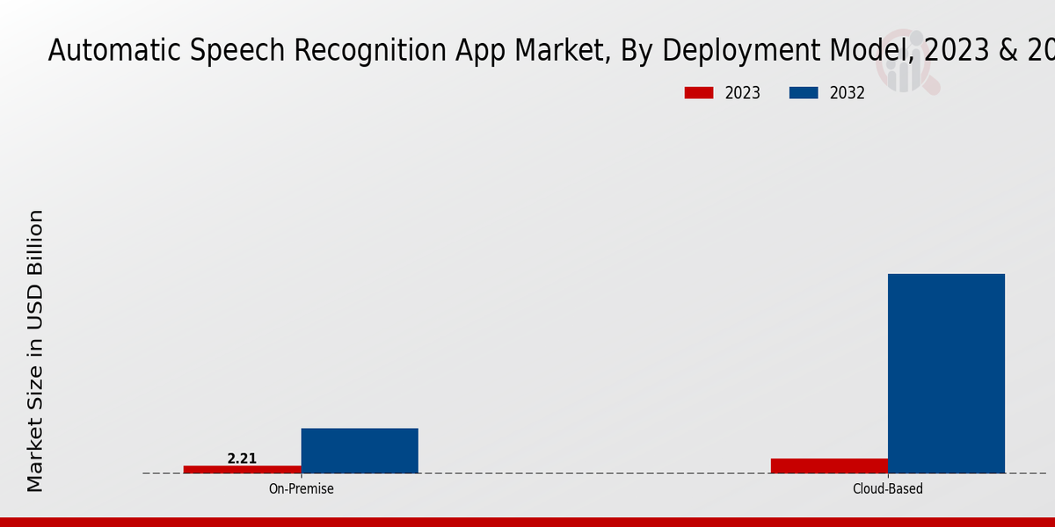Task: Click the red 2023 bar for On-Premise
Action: [x=242, y=469]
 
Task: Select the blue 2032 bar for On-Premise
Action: [x=360, y=451]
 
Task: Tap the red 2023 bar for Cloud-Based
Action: [x=829, y=466]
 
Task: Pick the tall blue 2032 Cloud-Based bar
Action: [x=946, y=373]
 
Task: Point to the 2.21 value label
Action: [x=242, y=458]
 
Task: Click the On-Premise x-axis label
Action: [x=301, y=488]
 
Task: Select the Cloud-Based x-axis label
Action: [x=888, y=488]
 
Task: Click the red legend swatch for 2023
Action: [x=699, y=93]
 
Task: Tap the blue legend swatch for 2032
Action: [x=804, y=93]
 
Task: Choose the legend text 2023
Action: [x=743, y=93]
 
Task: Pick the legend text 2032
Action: [x=848, y=93]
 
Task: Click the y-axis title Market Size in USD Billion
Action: [x=35, y=351]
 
